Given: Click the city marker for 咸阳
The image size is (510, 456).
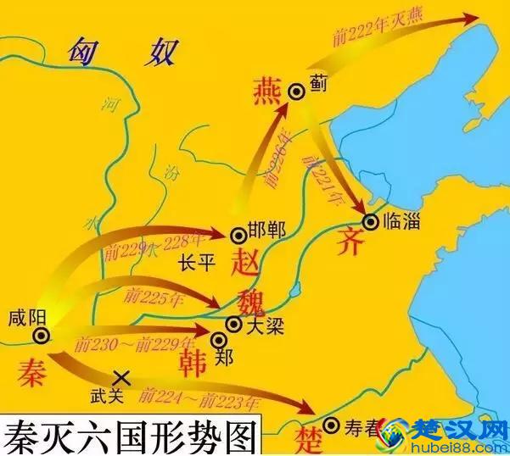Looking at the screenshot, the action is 40,336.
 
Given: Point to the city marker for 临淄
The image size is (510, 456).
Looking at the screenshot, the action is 370,221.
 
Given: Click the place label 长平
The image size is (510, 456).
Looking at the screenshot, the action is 197,264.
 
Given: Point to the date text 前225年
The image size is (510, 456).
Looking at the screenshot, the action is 153,297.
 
